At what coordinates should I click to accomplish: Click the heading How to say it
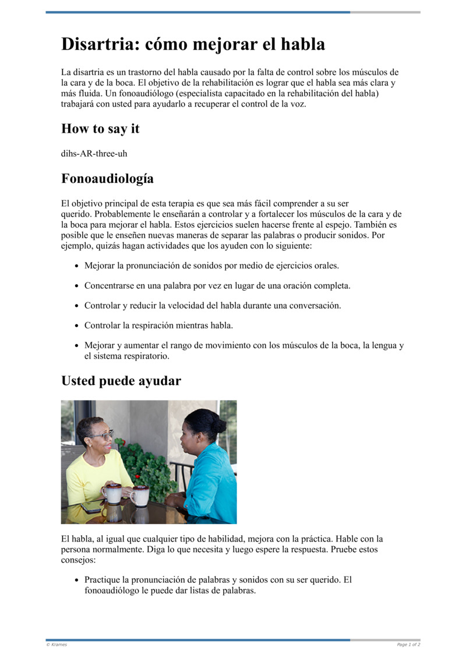100,129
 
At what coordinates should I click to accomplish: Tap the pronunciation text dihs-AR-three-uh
94,154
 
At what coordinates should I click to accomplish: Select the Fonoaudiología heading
107,179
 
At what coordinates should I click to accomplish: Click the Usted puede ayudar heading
121,381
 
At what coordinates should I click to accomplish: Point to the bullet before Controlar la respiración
77,326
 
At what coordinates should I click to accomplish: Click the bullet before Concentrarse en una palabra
77,286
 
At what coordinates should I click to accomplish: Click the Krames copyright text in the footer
57,645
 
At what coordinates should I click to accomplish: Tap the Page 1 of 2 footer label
408,645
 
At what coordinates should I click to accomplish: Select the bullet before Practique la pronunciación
77,581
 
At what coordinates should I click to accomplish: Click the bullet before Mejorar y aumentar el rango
77,345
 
